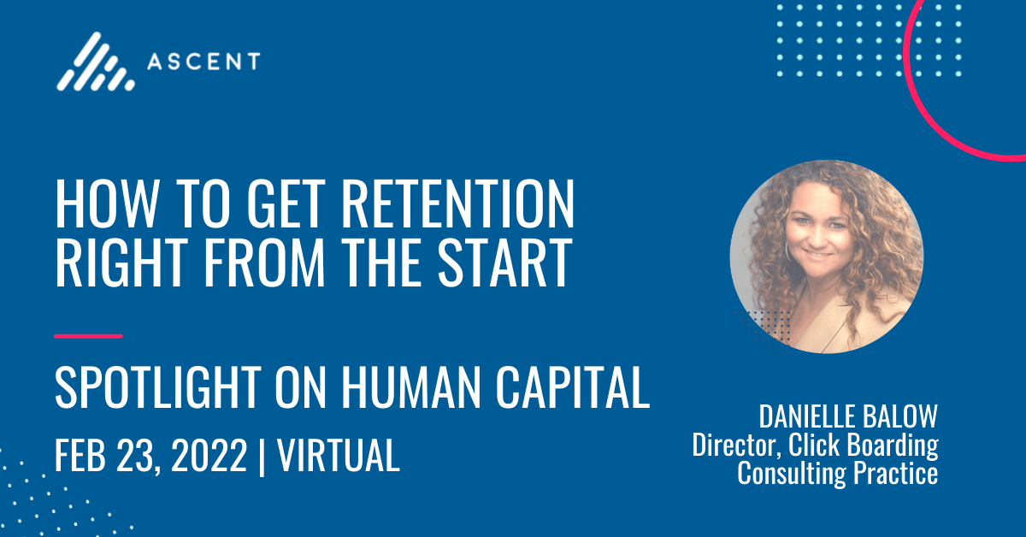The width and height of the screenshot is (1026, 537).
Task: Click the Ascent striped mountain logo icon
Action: pyautogui.click(x=95, y=62)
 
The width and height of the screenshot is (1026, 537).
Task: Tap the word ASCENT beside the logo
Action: pyautogui.click(x=203, y=62)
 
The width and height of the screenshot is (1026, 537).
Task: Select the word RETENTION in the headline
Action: pyautogui.click(x=457, y=204)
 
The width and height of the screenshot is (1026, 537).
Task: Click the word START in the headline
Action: pyautogui.click(x=504, y=263)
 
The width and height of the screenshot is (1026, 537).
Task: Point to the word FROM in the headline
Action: pyautogui.click(x=264, y=263)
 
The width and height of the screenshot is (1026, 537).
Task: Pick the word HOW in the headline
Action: pyautogui.click(x=106, y=204)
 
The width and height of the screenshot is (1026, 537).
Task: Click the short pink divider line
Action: pyautogui.click(x=88, y=336)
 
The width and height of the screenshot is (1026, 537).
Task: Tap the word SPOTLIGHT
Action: pyautogui.click(x=158, y=387)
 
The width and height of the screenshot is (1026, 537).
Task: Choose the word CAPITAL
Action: pyautogui.click(x=573, y=387)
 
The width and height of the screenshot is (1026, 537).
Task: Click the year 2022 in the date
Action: pyautogui.click(x=209, y=455)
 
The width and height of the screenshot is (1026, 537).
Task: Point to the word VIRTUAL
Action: pyautogui.click(x=338, y=455)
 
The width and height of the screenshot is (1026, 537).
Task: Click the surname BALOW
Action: pyautogui.click(x=900, y=416)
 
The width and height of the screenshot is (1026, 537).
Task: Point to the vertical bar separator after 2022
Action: pyautogui.click(x=262, y=457)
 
